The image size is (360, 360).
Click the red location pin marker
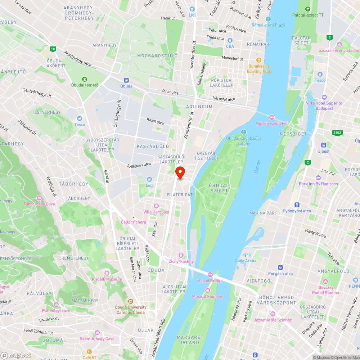tap(180, 172)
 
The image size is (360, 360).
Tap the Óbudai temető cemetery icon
tap(84, 79)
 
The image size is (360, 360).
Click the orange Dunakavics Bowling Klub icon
tap(258, 60)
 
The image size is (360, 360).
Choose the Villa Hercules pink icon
tap(156, 206)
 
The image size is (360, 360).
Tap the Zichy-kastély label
tap(181, 261)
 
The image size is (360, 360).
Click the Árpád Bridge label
tap(210, 280)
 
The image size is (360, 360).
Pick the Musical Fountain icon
tap(207, 291)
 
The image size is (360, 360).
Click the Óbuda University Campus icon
tap(131, 301)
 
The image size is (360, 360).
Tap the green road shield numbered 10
tap(53, 49)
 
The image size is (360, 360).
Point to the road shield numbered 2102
tap(337, 133)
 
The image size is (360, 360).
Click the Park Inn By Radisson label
tap(318, 184)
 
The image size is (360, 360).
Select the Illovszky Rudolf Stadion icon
tap(325, 281)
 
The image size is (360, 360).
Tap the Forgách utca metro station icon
tap(280, 267)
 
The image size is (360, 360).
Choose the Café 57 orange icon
tap(89, 351)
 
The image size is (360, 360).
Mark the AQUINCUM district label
tap(199, 107)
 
